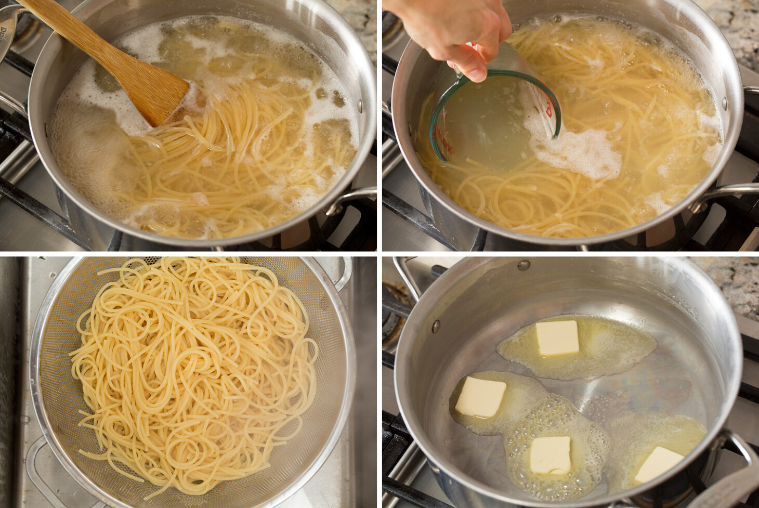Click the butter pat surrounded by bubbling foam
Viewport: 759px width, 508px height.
pyautogui.click(x=549, y=455)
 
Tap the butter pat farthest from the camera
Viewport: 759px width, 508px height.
pyautogui.click(x=557, y=337)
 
